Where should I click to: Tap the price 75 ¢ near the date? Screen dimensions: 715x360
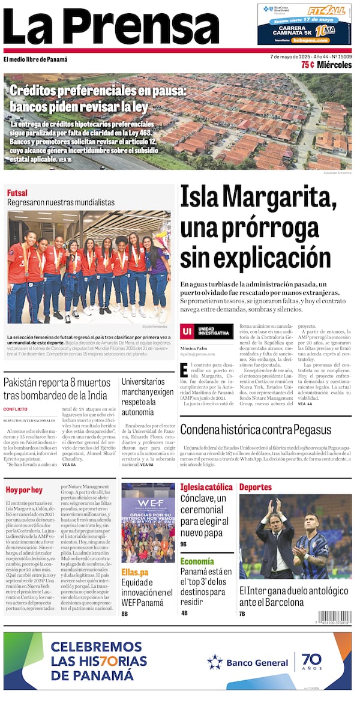[x=307, y=65]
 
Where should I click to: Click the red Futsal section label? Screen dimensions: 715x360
[x=17, y=193]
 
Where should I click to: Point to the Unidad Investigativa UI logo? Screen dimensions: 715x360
[x=187, y=331]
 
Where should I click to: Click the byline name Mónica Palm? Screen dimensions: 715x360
[x=193, y=348]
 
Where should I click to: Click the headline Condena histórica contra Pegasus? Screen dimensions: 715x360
[x=255, y=429]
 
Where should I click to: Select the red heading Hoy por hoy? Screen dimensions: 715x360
[x=24, y=490]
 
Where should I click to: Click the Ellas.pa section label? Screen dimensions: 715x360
[x=136, y=572]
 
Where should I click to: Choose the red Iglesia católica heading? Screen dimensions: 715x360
[x=206, y=487]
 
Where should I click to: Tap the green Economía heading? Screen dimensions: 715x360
[x=197, y=561]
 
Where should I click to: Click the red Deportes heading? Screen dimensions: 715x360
[x=256, y=487]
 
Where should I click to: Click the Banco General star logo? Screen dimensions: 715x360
[x=215, y=662]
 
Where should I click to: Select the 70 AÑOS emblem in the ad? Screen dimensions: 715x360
[x=311, y=662]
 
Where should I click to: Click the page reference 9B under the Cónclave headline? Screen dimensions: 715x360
[x=184, y=544]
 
